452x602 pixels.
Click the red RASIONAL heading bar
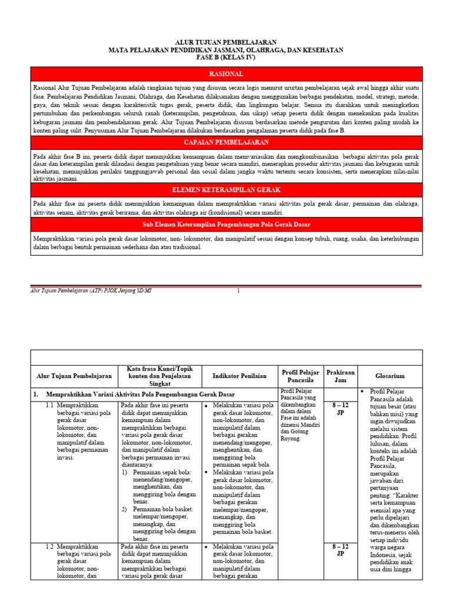[226, 74]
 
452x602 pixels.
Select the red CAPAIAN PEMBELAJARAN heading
[226, 142]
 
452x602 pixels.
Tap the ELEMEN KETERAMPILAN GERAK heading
[226, 190]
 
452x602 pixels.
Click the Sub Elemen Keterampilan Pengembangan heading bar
[226, 225]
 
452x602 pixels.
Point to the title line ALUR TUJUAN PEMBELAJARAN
[226, 42]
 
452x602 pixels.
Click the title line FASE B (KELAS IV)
[226, 58]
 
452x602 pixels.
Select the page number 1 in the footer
[238, 291]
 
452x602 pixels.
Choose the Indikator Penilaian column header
[240, 376]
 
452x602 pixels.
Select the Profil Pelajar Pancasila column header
[300, 376]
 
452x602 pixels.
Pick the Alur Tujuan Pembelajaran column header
[74, 376]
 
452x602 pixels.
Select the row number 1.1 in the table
[50, 406]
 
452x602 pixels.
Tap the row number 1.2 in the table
[50, 547]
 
